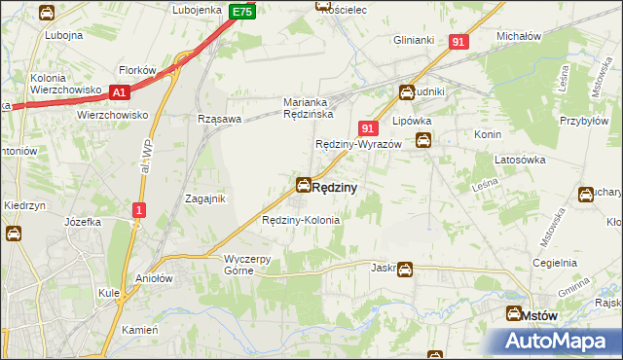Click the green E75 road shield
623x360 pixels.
pyautogui.click(x=243, y=12)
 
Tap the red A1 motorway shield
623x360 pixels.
pyautogui.click(x=120, y=92)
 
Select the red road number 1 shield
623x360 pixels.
pyautogui.click(x=140, y=210)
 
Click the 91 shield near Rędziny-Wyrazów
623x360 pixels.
pyautogui.click(x=368, y=128)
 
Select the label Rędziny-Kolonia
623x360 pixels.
pyautogui.click(x=301, y=221)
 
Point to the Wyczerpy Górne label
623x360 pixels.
pyautogui.click(x=252, y=265)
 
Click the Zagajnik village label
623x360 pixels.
pyautogui.click(x=205, y=198)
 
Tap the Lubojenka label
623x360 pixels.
pyautogui.click(x=198, y=10)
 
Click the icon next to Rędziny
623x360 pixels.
pyautogui.click(x=304, y=185)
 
